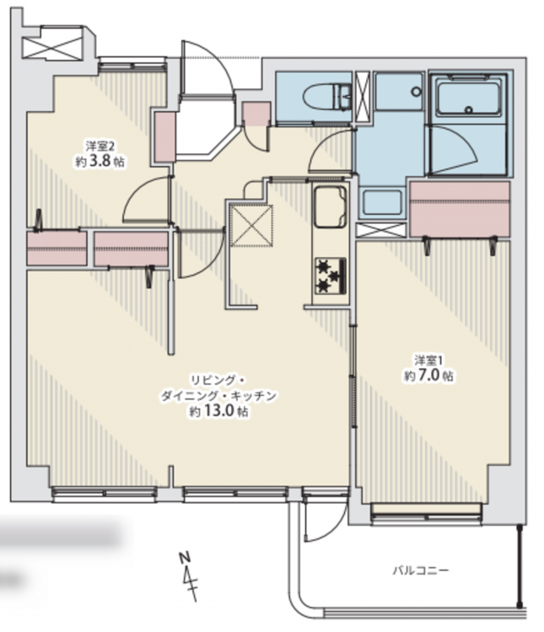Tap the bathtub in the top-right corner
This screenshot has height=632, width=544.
coord(469,98)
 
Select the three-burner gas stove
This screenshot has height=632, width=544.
coord(331,276)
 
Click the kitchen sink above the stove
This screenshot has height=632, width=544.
coord(330,206)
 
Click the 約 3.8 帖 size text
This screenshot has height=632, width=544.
coord(100,161)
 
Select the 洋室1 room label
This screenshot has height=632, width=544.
coord(429,360)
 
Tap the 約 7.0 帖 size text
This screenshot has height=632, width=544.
coord(428,376)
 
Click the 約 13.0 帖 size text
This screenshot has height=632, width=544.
coord(219,411)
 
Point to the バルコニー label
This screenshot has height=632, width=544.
coord(421,570)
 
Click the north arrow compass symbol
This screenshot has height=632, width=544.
coord(189,576)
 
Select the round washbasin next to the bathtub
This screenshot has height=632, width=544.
coord(416,92)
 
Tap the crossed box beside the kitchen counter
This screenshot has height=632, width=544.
coord(251,225)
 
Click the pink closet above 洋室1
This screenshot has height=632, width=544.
coord(460,209)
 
